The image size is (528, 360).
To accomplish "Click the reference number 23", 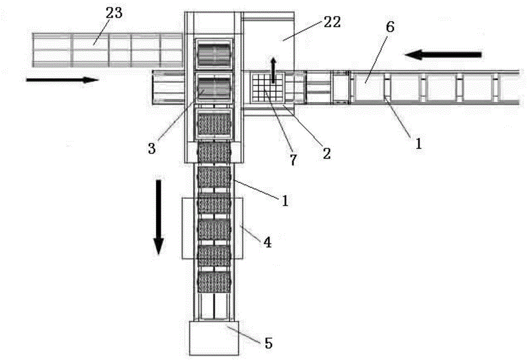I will [x=114, y=13].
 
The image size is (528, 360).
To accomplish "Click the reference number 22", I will [x=333, y=22].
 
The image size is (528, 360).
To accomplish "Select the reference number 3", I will [x=152, y=148].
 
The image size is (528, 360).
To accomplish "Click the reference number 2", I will [x=327, y=154].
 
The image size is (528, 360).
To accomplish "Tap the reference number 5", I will [x=268, y=344].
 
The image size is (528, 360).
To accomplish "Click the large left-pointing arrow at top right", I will [x=443, y=54].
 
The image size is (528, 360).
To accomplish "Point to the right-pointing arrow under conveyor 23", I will [x=62, y=80].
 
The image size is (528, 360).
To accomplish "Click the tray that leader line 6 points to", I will [x=370, y=86].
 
